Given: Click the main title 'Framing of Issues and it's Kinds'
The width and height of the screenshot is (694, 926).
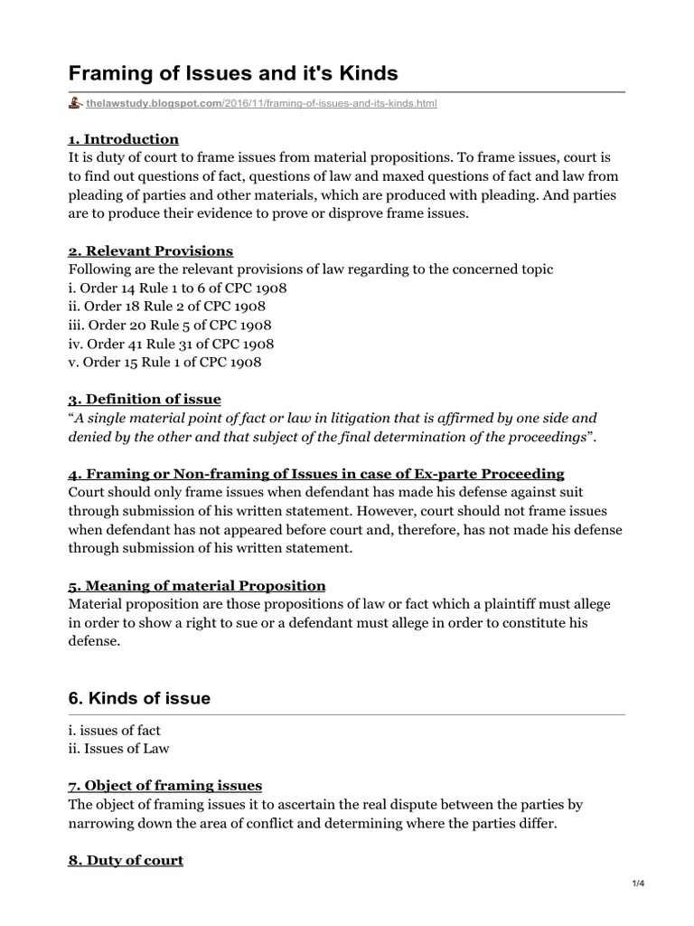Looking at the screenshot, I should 234,72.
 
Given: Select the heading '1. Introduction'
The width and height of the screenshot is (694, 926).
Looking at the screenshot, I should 124,138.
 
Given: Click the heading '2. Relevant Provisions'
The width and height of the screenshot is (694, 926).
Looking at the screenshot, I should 151,250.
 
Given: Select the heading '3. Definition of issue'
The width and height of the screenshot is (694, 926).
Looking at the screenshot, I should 145,399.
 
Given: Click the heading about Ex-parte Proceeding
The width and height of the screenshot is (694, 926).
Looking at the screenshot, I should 316,473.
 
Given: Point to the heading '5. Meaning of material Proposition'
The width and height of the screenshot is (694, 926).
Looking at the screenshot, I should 197,585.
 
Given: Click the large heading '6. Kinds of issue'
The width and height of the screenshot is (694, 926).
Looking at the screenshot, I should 139,697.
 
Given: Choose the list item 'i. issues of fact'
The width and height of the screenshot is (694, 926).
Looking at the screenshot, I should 115,730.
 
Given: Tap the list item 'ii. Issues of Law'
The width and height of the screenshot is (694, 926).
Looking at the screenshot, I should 118,748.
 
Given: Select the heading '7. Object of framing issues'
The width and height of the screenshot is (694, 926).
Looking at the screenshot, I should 165,785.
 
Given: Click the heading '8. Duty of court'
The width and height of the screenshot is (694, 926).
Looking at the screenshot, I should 126,860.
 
